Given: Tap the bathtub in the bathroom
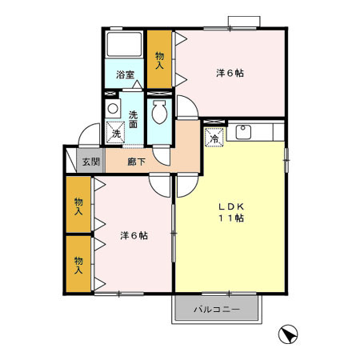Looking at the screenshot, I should pos(125,46).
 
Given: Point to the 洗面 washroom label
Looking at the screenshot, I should pos(133,118).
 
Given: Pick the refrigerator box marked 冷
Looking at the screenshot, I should pos(214,138).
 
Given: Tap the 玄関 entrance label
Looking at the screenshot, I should pos(91,162).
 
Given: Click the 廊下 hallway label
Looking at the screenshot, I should pos(137,162).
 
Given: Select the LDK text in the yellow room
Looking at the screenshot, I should pos(230,206).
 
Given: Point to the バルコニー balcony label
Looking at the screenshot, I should pos(216,310).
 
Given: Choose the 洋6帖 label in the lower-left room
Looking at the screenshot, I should pos(134,235).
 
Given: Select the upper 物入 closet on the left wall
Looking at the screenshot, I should pos(78,206).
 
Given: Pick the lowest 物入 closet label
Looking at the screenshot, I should pos(78,265).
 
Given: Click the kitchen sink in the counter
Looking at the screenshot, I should pos(242,130).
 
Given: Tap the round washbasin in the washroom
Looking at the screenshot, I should pos(113,107).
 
